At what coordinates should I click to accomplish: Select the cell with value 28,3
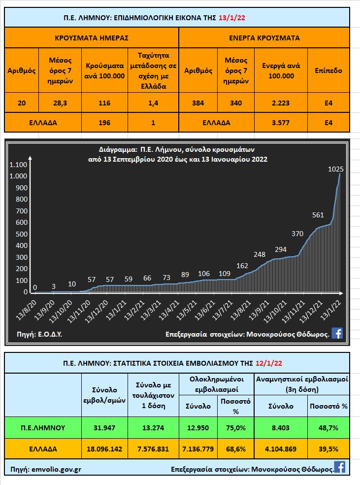pos(61,103)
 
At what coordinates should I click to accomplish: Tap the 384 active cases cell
pos(198,103)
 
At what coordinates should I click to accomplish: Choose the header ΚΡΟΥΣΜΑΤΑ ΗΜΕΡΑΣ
pos(92,37)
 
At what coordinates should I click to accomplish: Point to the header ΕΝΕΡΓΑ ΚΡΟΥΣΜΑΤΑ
pos(264,37)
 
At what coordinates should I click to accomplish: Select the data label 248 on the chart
pos(260,254)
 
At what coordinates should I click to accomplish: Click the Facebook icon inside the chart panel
pos(337,333)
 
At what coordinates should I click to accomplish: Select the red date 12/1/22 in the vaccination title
pos(269,363)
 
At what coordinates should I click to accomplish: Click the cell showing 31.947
pos(104,427)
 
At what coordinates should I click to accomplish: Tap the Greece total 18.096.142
pos(104,449)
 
